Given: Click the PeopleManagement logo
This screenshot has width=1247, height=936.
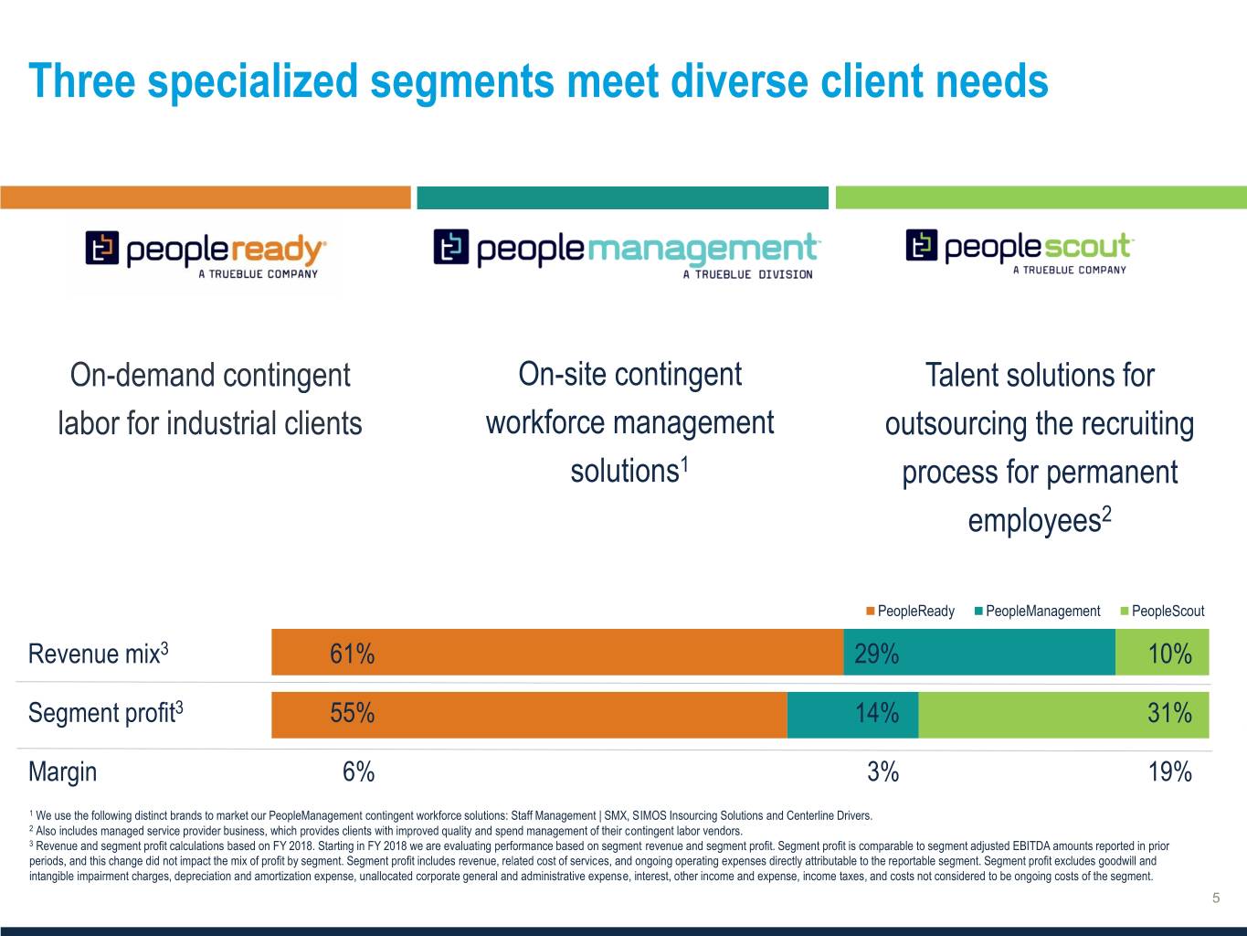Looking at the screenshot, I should pos(627,251).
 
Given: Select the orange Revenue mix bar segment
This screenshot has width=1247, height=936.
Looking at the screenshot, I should pos(557,653).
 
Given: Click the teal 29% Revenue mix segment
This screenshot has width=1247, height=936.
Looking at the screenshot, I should pos(978,653).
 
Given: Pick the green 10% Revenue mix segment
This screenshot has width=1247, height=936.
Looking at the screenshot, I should pos(1162,653).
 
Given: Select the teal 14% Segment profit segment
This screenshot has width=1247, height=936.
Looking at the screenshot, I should pos(852,714).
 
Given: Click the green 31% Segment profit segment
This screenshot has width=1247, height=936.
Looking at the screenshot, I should pos(1063,714).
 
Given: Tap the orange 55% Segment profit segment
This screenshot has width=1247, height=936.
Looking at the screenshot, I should pos(529,714).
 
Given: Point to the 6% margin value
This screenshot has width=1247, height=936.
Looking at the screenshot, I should pos(358,772).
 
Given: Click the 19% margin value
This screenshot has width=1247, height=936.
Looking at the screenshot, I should pos(1169,772).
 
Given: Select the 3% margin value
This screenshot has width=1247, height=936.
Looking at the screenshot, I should pos(882,772).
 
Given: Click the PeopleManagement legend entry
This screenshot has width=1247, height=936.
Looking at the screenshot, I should pos(1042,611).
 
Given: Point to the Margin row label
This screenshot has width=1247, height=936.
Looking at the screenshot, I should pos(62,772).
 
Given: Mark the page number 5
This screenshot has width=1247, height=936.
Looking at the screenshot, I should pos(1216,898).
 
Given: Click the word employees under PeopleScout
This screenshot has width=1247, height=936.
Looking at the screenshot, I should pos(1034,521).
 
